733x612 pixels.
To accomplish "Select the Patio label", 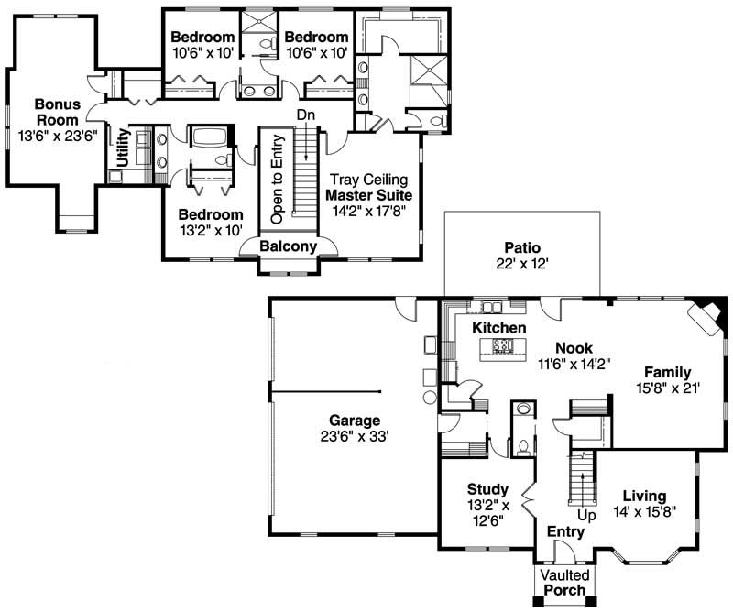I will click(522, 247).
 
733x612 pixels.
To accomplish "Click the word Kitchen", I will click(499, 328).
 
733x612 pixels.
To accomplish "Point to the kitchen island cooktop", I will click(503, 346).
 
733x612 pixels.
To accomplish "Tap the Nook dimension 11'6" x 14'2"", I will click(573, 364).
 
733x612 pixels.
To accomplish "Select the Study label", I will click(487, 488).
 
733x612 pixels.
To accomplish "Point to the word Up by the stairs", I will click(586, 517).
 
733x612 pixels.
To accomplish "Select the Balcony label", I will click(288, 246).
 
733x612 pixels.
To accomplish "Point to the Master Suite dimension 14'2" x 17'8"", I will click(369, 211).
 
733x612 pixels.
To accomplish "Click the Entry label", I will click(565, 532).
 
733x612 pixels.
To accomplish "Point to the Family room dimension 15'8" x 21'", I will click(666, 388).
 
